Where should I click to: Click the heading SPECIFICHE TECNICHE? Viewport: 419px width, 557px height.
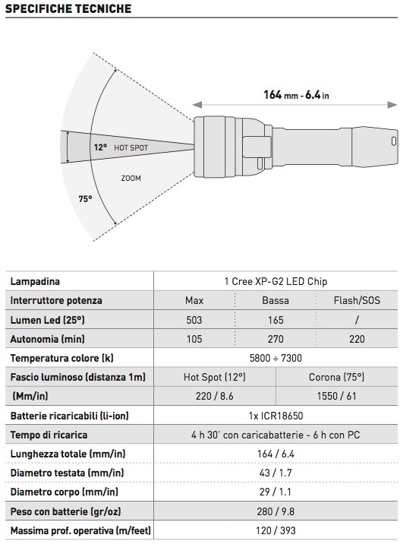(68, 8)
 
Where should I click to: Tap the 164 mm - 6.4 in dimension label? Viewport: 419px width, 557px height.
(296, 95)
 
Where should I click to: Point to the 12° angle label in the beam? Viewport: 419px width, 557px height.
(100, 147)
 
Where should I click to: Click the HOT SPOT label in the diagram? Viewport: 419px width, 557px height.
(131, 147)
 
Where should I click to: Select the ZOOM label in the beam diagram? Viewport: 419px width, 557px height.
(131, 178)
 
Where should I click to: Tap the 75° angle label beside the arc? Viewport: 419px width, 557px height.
(85, 199)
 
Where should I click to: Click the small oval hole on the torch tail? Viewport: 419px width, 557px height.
(393, 141)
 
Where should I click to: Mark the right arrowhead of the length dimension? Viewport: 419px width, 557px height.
(392, 105)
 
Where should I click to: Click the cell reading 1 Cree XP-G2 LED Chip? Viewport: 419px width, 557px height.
(276, 281)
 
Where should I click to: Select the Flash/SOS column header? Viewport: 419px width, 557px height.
(357, 300)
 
